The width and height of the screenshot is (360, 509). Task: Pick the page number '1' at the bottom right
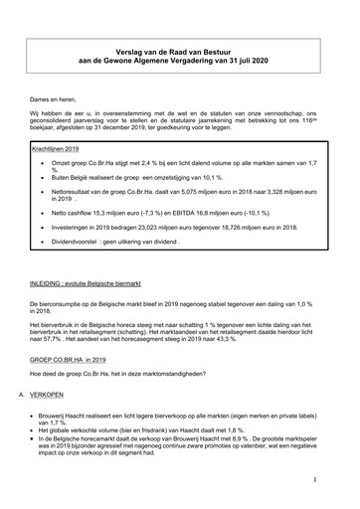314,479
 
